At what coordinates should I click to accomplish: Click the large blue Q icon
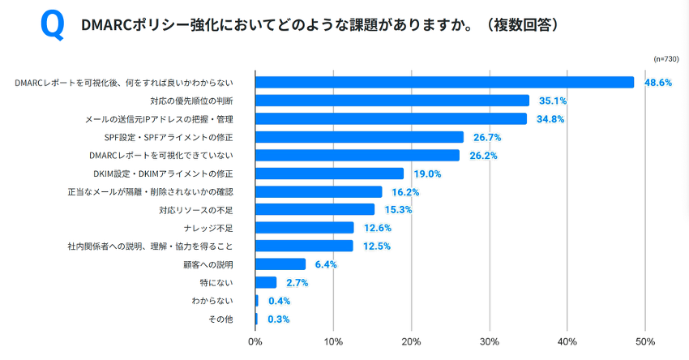pyautogui.click(x=52, y=26)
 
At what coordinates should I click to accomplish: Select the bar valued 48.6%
pyautogui.click(x=444, y=82)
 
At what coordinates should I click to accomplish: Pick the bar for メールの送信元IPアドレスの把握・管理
pyautogui.click(x=391, y=119)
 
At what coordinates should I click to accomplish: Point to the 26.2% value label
pyautogui.click(x=481, y=156)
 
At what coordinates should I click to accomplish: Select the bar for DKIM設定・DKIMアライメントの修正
pyautogui.click(x=329, y=174)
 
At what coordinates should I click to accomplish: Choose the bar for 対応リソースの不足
pyautogui.click(x=315, y=210)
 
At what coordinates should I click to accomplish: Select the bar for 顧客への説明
pyautogui.click(x=280, y=264)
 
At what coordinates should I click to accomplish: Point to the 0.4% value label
pyautogui.click(x=279, y=301)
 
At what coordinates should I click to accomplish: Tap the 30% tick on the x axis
pyautogui.click(x=489, y=341)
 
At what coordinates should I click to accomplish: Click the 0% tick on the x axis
pyautogui.click(x=255, y=341)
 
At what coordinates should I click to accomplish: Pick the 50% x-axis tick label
pyautogui.click(x=645, y=341)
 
